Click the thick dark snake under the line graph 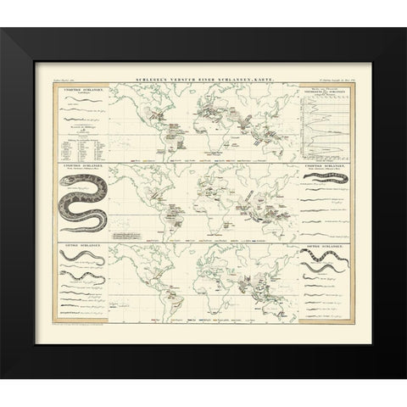click(325, 181)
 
